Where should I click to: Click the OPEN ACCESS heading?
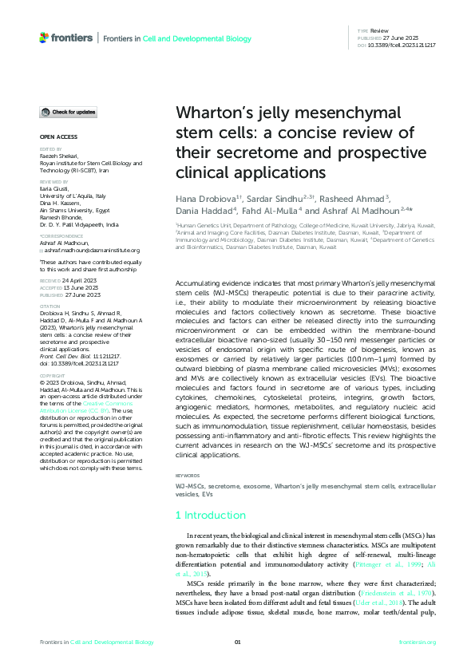pyautogui.click(x=55, y=137)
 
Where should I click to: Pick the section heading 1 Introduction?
pyautogui.click(x=212, y=516)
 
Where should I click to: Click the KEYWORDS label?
pyautogui.click(x=188, y=475)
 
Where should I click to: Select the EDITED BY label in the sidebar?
pyautogui.click(x=50, y=148)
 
